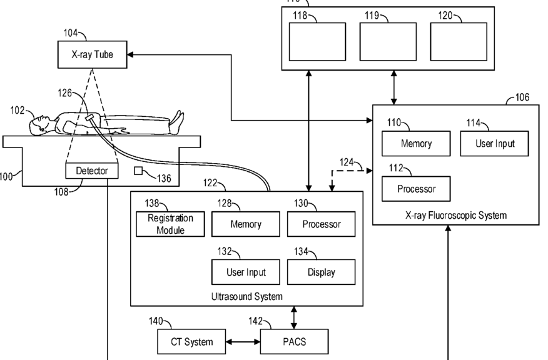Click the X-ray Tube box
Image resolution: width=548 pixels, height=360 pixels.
pos(93,54)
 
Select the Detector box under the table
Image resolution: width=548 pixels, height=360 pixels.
pos(92,171)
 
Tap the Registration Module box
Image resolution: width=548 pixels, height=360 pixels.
pos(170,224)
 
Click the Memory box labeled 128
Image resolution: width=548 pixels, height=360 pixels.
pos(246,224)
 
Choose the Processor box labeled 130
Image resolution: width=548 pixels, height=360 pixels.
pos(322,224)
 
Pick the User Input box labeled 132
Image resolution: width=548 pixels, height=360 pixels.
pos(246,272)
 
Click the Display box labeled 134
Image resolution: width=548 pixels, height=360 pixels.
pos(322,272)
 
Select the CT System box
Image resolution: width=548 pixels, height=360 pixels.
pos(191,342)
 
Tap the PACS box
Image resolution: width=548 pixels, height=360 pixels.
pos(293,342)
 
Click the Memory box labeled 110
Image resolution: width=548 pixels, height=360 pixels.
pos(416,144)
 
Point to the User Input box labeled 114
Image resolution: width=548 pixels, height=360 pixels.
pos(495,144)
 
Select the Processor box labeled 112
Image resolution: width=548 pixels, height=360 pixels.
pos(416,189)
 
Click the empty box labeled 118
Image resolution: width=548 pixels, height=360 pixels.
pos(317,41)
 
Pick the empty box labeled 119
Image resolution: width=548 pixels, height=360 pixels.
pos(388,41)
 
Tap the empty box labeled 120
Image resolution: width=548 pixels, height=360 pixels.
pos(459,41)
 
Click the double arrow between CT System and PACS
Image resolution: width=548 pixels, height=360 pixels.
pos(243,342)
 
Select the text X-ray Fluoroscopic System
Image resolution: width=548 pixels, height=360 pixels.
pos(455,216)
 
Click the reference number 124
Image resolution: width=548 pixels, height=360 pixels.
pos(347,162)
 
